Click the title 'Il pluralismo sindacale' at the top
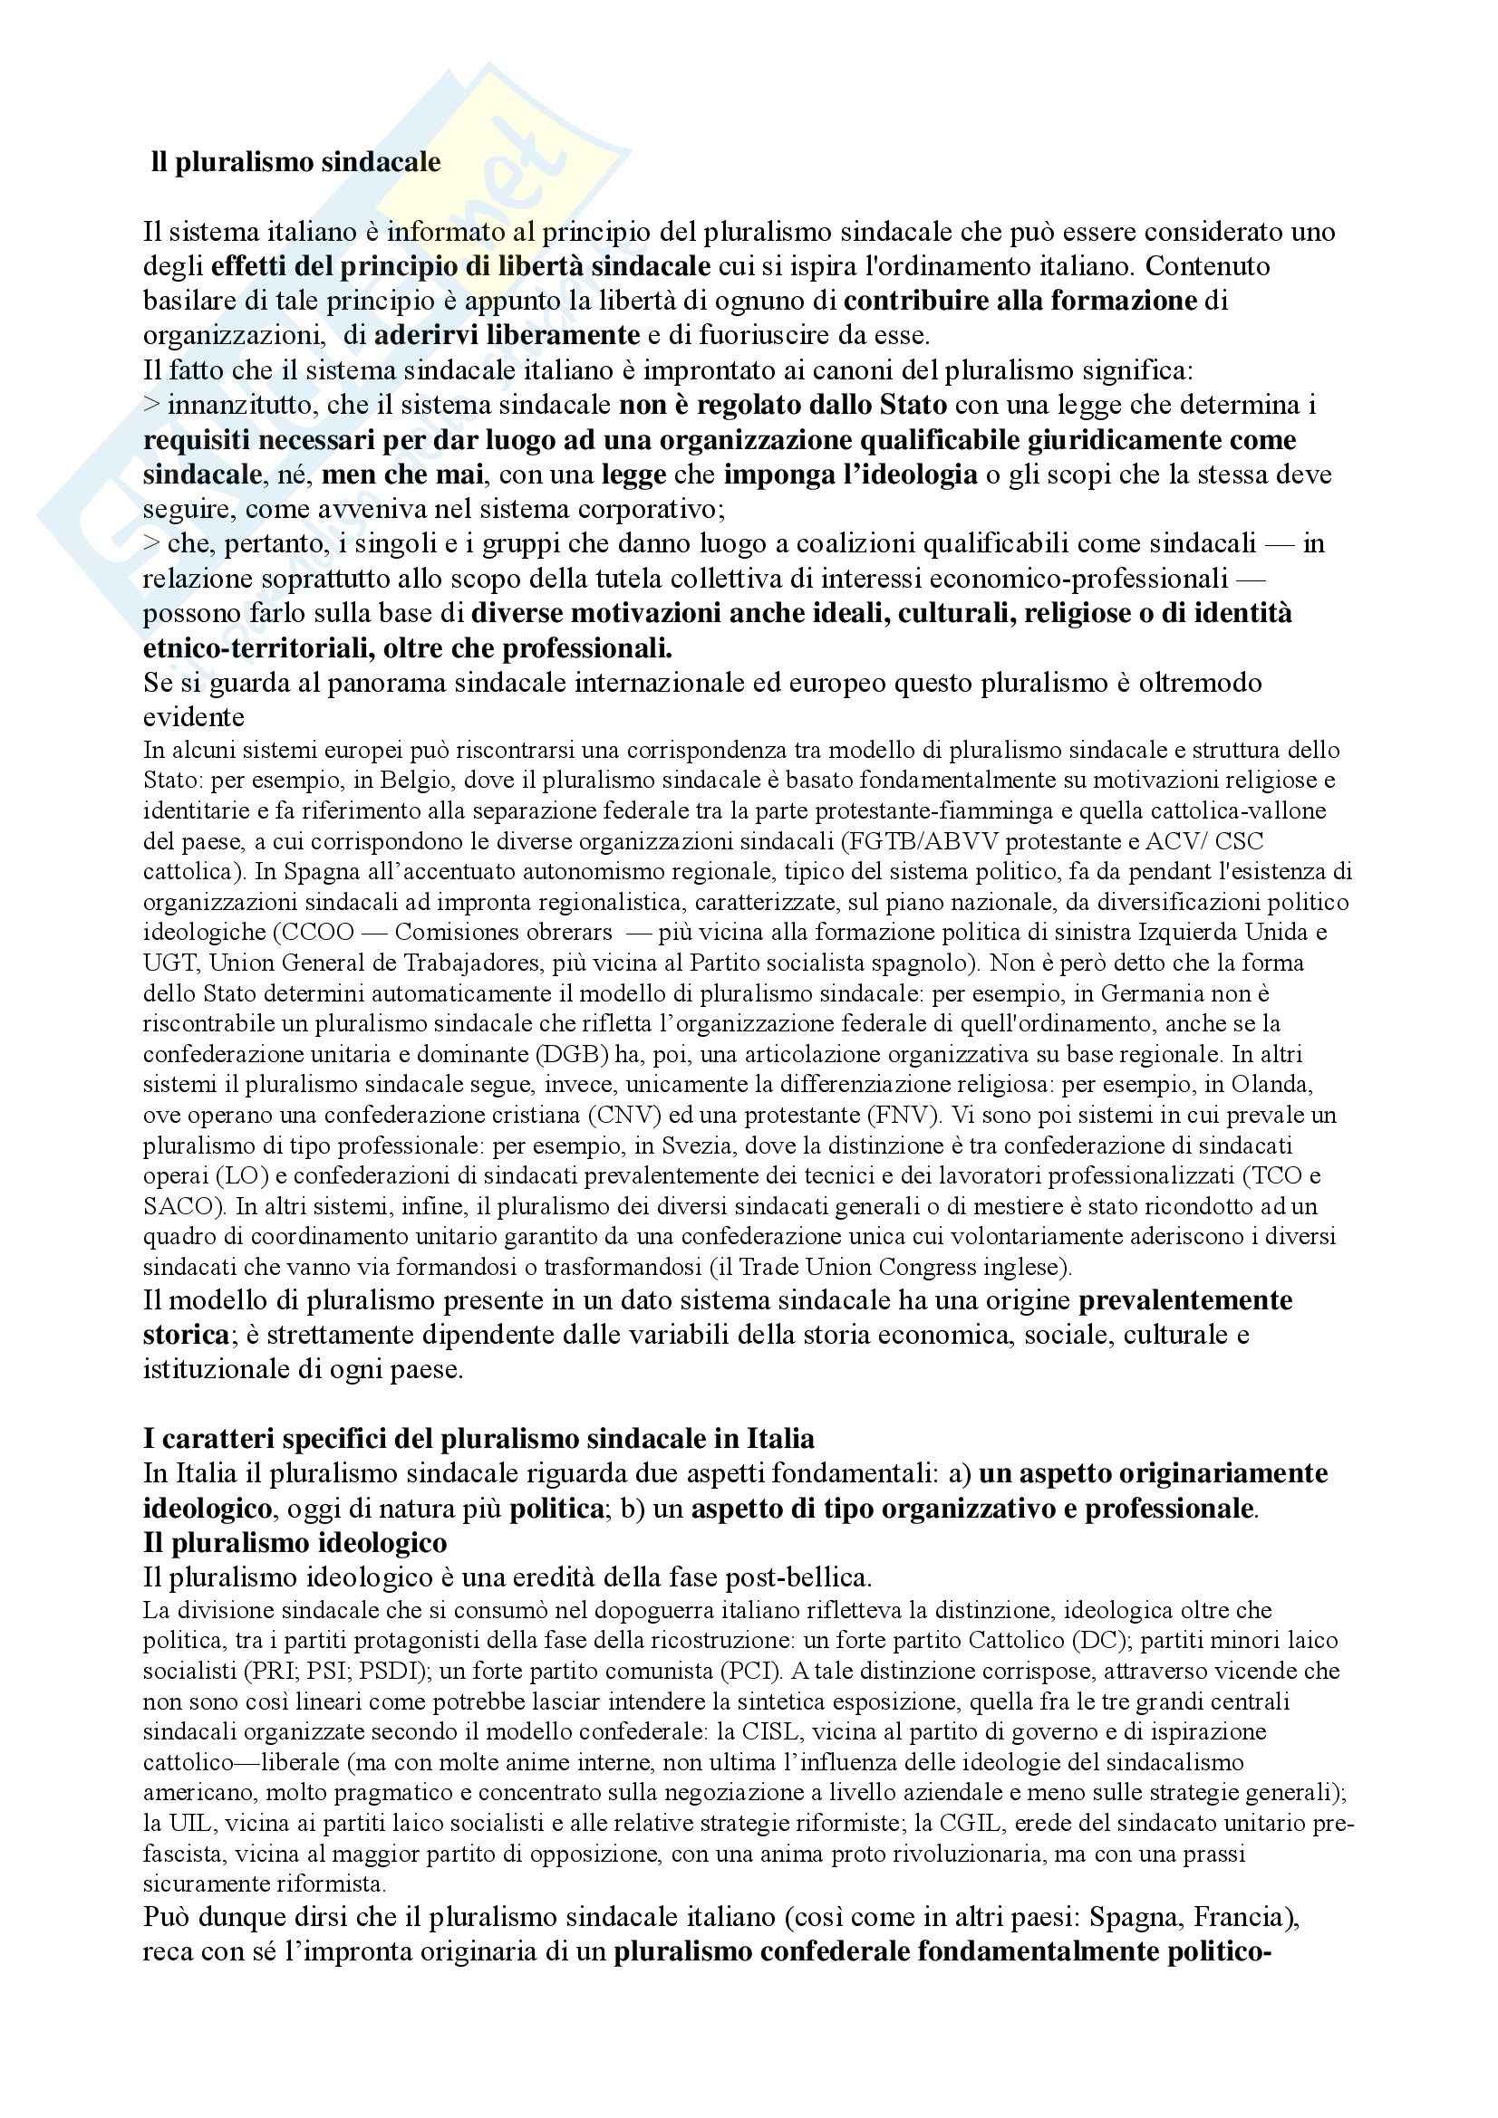[x=295, y=163]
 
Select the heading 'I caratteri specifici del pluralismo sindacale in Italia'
[x=479, y=1439]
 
